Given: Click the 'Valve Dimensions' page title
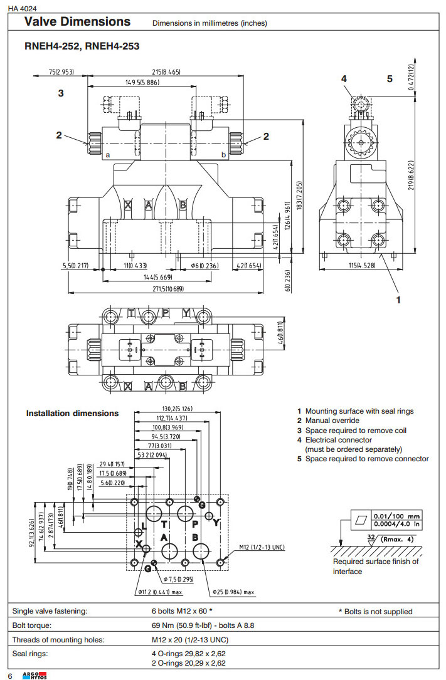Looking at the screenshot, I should [77, 22].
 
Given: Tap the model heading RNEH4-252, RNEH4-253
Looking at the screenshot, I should [82, 46].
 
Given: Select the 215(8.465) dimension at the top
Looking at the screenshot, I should [166, 72].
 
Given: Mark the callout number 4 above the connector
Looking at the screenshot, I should [344, 79].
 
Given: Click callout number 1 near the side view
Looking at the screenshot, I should [398, 300].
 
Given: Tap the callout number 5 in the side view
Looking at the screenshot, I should [390, 79].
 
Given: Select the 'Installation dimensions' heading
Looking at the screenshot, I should [72, 414].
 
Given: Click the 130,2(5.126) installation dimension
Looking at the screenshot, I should [178, 410].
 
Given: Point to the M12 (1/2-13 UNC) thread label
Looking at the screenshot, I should [262, 548].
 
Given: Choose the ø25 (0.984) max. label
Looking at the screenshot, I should [233, 592].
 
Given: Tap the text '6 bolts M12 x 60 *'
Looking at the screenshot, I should [178, 611].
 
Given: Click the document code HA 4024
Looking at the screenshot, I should [21, 8].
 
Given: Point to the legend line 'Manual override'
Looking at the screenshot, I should [332, 421].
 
